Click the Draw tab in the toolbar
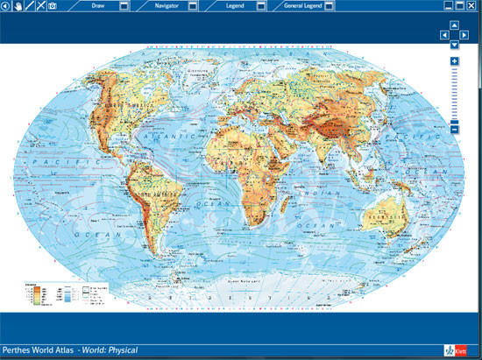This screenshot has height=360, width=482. click(98, 6)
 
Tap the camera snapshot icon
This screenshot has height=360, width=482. click(52, 6)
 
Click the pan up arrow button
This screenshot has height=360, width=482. click(454, 25)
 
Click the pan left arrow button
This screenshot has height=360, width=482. click(444, 35)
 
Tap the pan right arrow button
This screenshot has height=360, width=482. click(464, 35)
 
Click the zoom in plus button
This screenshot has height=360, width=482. click(454, 60)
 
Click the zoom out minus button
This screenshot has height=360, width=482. click(454, 129)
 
